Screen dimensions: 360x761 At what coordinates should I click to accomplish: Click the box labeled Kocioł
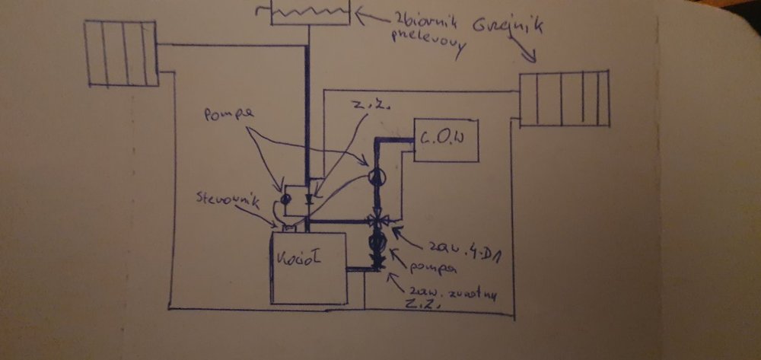pos(308,267)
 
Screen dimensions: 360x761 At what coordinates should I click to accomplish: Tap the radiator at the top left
pos(120,53)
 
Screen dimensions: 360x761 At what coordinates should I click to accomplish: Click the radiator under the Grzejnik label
pos(564,99)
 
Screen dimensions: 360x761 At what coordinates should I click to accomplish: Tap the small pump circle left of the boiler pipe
pos(285,199)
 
